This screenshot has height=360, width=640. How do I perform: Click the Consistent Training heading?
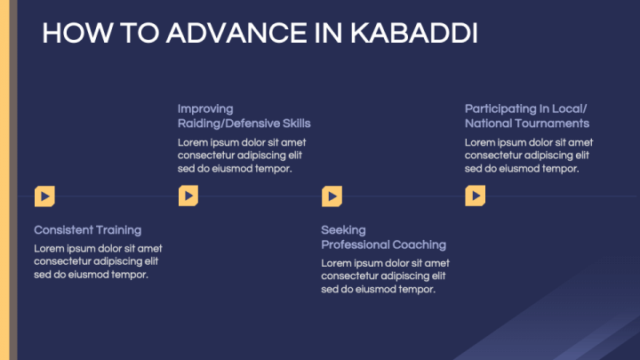pos(87,229)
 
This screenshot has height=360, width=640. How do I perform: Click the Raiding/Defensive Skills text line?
pos(244,123)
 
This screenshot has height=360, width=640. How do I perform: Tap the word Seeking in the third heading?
pos(343,229)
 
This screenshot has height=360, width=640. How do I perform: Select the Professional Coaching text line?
pos(383,244)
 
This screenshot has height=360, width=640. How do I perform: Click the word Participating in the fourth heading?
pos(503,108)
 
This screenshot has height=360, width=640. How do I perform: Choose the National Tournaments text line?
pos(526,123)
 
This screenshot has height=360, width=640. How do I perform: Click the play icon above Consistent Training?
pos(44,196)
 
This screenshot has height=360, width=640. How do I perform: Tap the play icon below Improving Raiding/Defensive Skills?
pos(188,196)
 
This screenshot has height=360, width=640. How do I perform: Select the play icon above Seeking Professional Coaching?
pos(332,196)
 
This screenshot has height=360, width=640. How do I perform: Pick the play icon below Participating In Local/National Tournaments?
pos(475,196)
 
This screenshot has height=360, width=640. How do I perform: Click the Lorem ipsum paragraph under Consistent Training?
pos(98,261)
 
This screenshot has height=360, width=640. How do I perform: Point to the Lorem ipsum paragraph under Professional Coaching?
pos(385,276)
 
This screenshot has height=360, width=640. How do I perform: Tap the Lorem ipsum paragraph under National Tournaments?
pos(529,155)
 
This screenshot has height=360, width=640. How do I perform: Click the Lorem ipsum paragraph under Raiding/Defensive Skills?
pos(242,155)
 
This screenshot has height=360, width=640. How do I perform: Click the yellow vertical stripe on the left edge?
pos(4,178)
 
